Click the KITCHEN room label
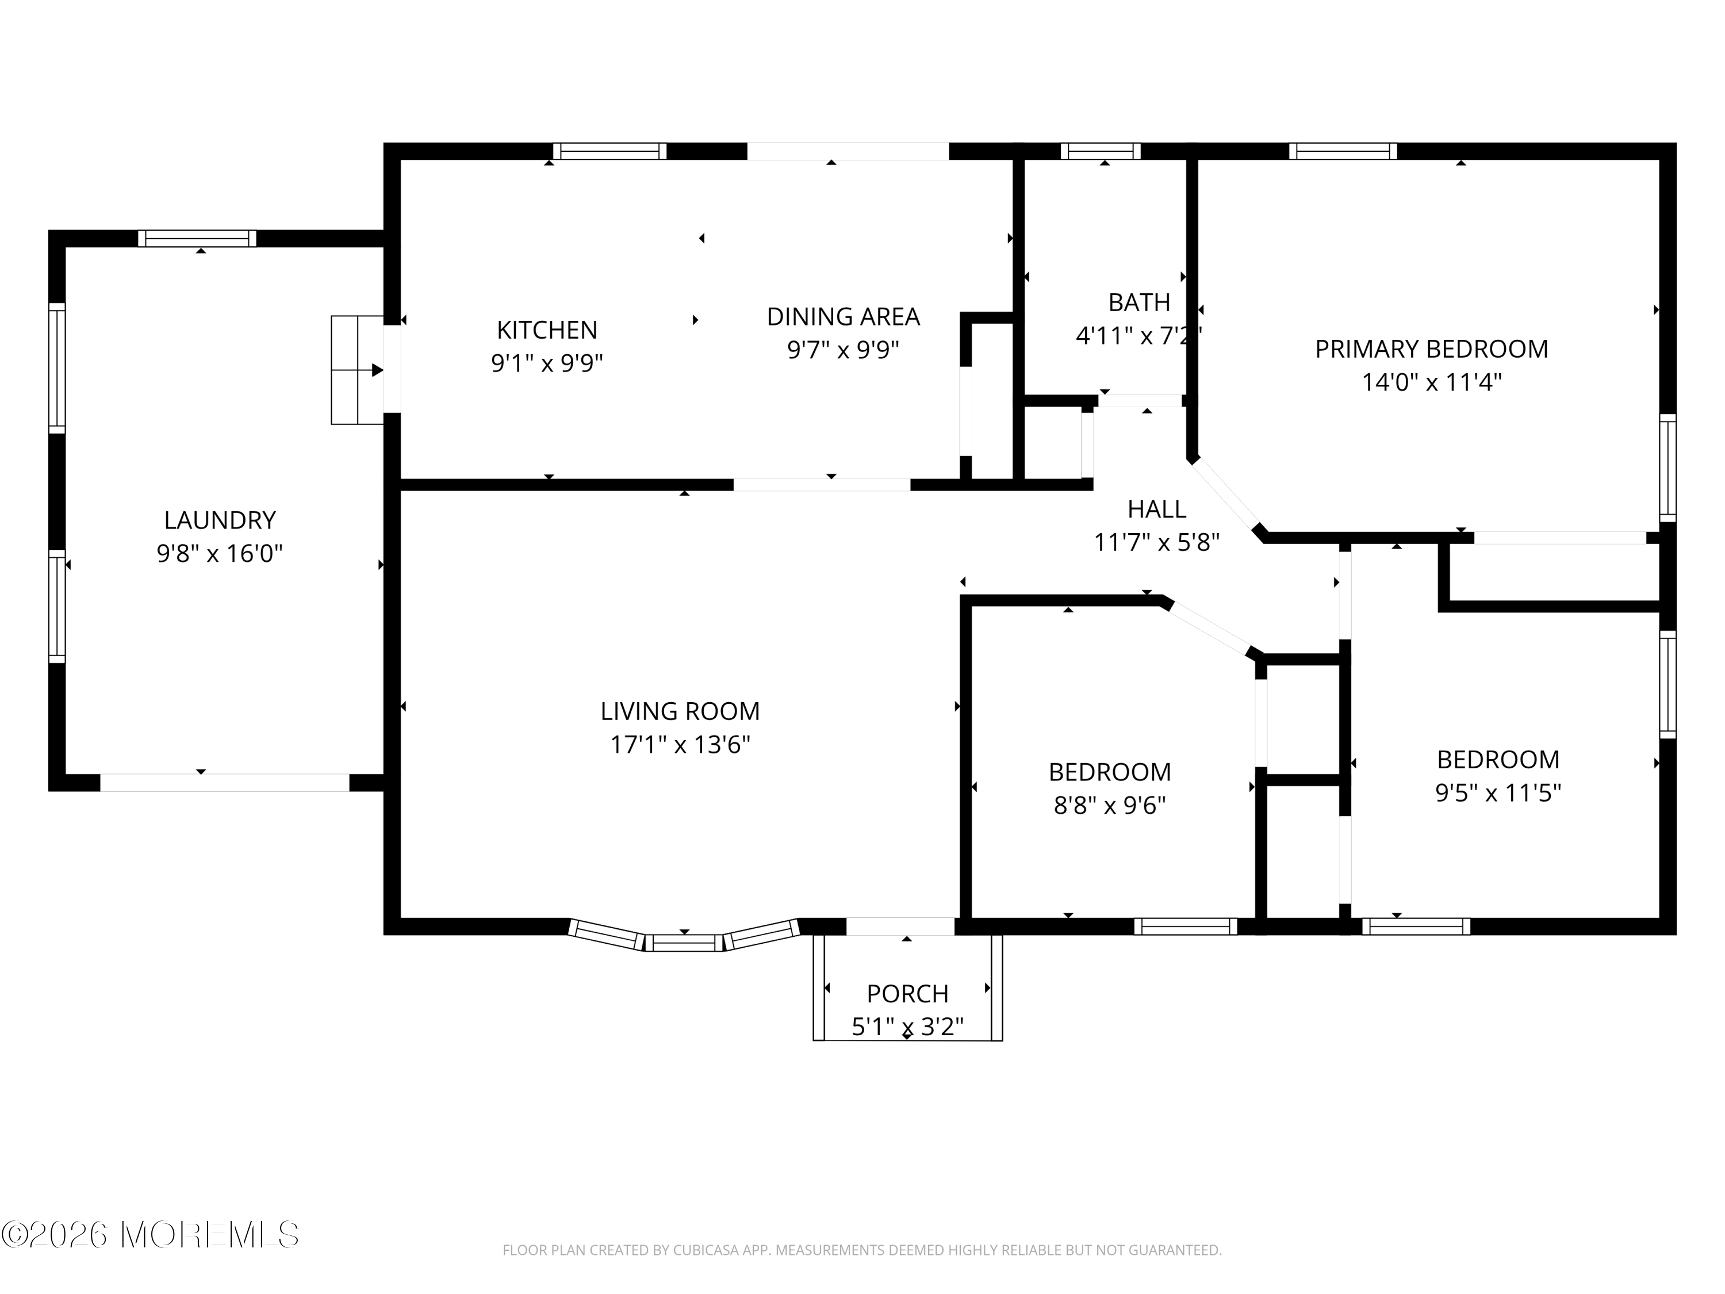pyautogui.click(x=547, y=330)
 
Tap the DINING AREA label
pyautogui.click(x=843, y=317)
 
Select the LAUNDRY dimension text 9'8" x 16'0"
pyautogui.click(x=219, y=554)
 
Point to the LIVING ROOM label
pyautogui.click(x=680, y=711)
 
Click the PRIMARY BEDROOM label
pyautogui.click(x=1432, y=349)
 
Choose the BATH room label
pyautogui.click(x=1139, y=302)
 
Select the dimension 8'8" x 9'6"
pyautogui.click(x=1110, y=805)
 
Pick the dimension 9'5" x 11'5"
pyautogui.click(x=1498, y=793)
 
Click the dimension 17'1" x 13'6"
pyautogui.click(x=680, y=745)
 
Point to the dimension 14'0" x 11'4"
pyautogui.click(x=1432, y=382)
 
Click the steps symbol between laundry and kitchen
pyautogui.click(x=357, y=370)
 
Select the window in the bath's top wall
pyautogui.click(x=1101, y=151)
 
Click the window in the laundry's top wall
pyautogui.click(x=197, y=239)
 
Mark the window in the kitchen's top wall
pyautogui.click(x=610, y=151)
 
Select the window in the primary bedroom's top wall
pyautogui.click(x=1343, y=151)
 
